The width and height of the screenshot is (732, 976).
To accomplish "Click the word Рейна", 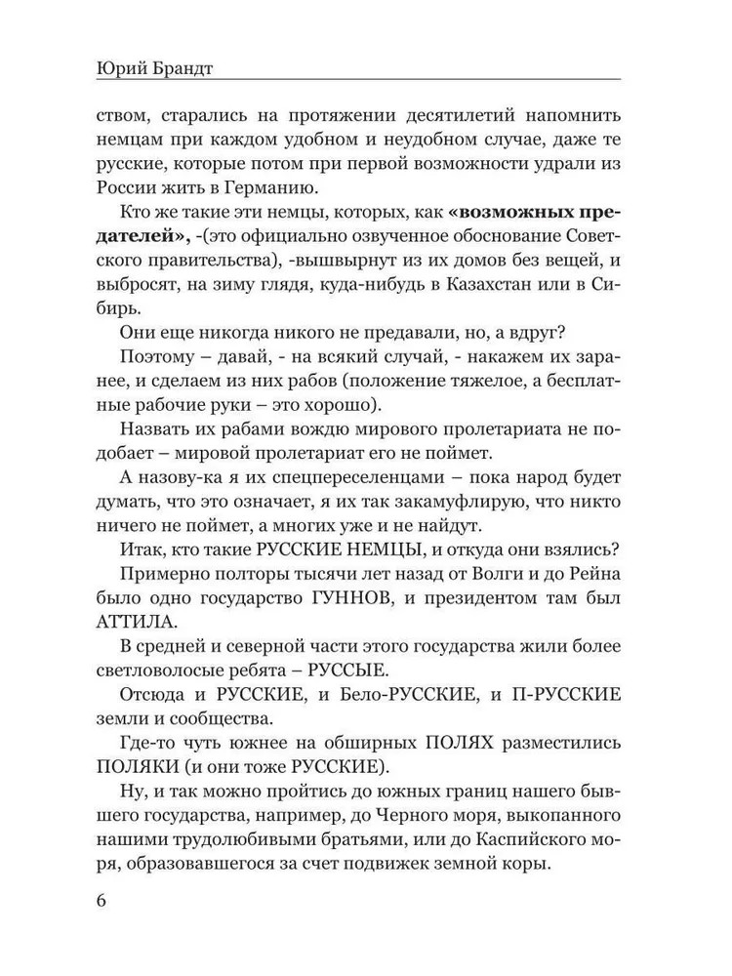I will pyautogui.click(x=586, y=567).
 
